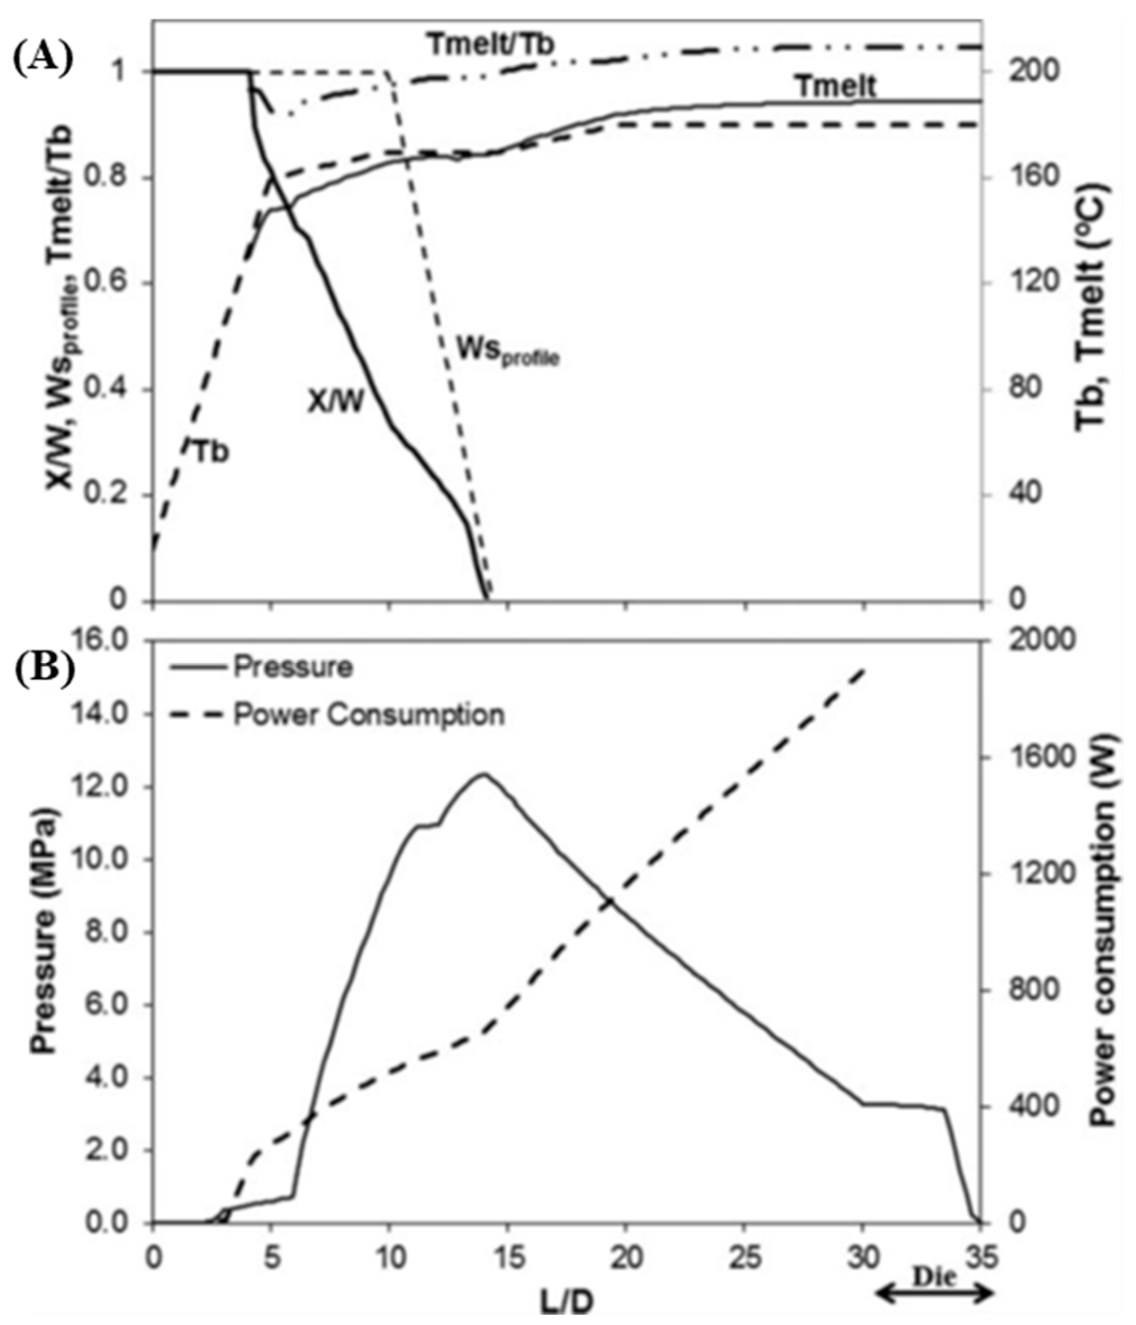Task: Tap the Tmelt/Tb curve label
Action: click(491, 45)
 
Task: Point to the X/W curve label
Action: click(335, 402)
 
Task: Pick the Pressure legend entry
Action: click(292, 667)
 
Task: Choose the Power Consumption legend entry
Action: click(368, 714)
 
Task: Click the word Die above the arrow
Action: click(934, 1277)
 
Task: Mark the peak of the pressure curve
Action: click(484, 774)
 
